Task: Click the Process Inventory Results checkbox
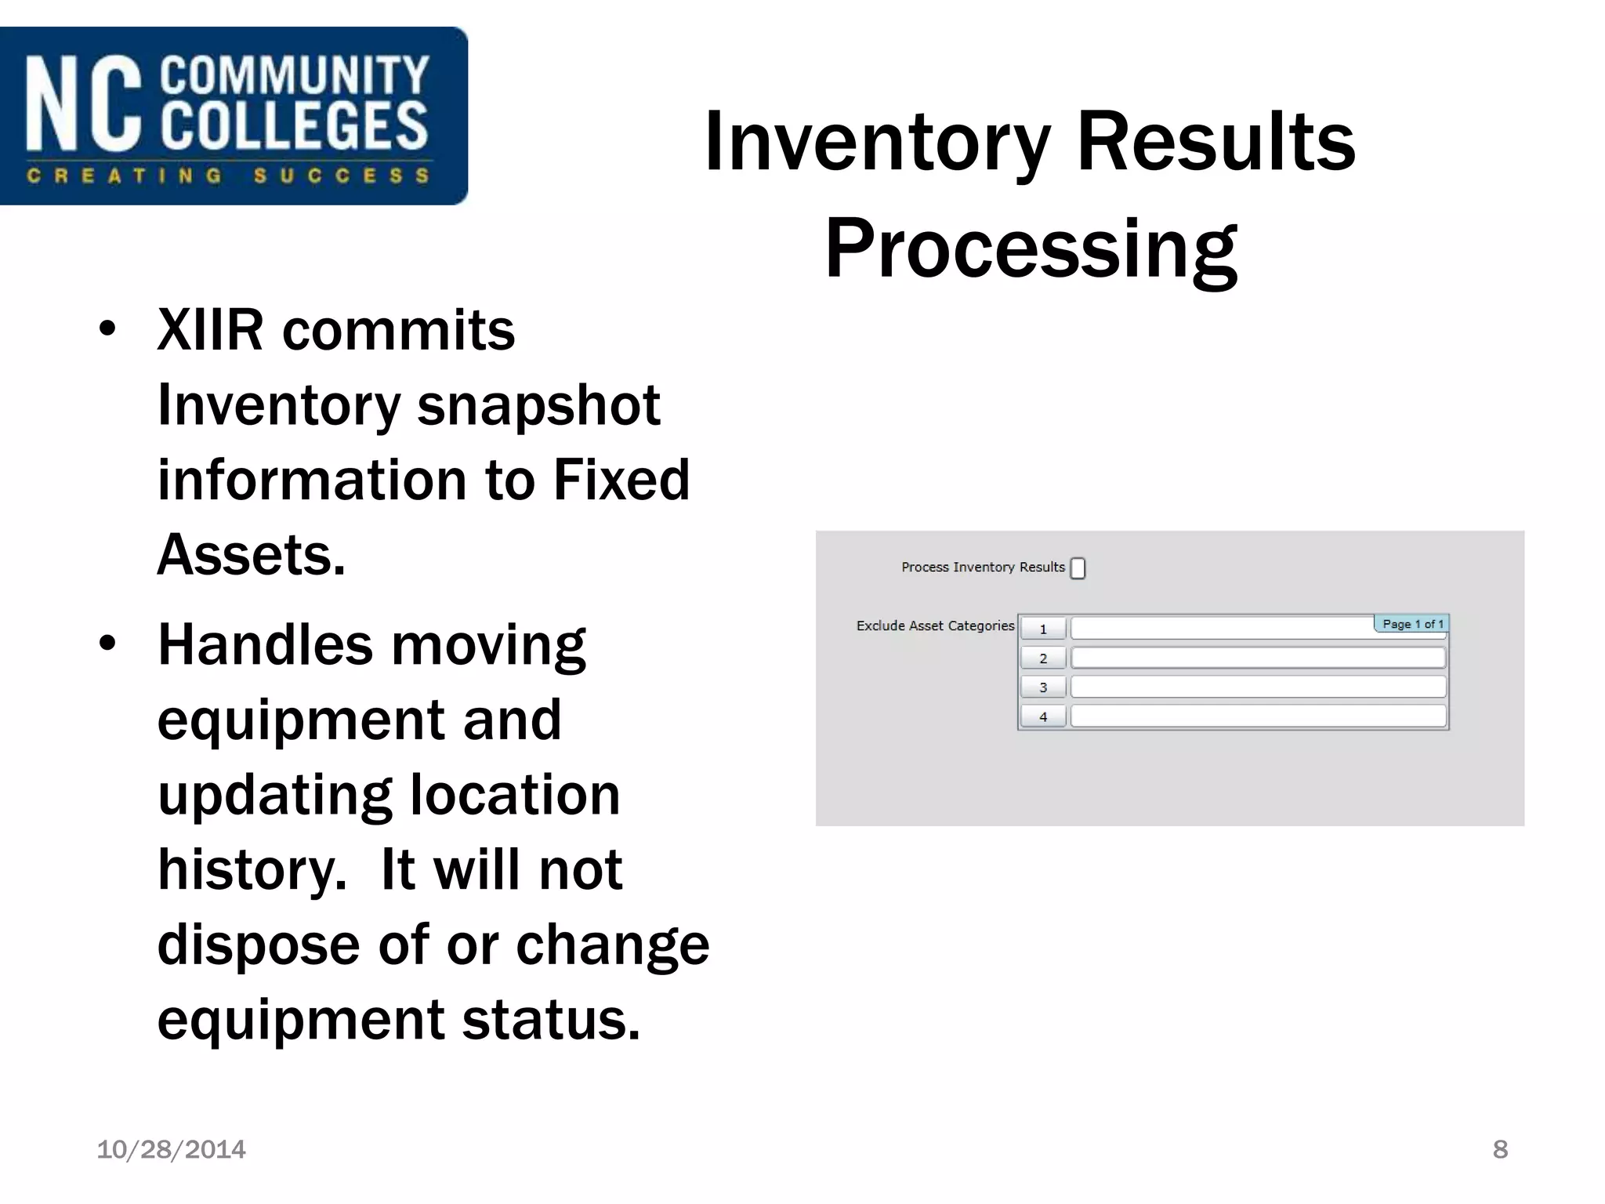tap(1078, 568)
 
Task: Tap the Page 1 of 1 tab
tap(1411, 624)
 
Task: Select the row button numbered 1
tap(1042, 629)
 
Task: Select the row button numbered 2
tap(1042, 658)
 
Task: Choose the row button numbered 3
tap(1042, 687)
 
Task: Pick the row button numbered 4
tap(1042, 716)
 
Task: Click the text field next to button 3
tap(1257, 687)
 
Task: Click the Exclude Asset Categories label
tap(934, 626)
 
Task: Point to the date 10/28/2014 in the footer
tap(171, 1149)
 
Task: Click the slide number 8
tap(1499, 1149)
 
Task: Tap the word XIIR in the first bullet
tap(210, 331)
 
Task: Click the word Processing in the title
tap(1031, 249)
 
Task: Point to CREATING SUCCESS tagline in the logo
tap(227, 176)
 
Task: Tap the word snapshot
tap(538, 406)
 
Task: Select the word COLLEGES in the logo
tap(294, 125)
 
